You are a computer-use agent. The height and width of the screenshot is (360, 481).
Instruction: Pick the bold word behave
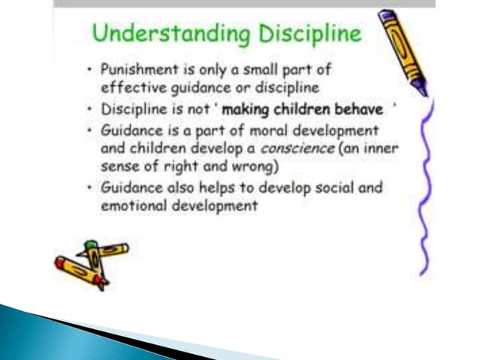coord(358,110)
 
